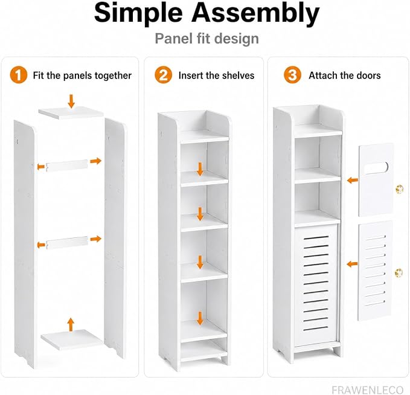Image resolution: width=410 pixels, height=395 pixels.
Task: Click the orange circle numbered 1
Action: (x=19, y=75)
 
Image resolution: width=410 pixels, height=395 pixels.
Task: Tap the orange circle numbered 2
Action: (x=164, y=75)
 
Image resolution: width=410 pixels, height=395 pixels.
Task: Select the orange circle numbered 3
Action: (x=293, y=75)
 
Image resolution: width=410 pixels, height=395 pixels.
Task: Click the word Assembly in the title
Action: (x=255, y=13)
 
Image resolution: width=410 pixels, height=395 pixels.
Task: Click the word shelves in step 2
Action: (x=238, y=75)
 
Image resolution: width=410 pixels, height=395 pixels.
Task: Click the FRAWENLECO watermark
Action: (x=367, y=389)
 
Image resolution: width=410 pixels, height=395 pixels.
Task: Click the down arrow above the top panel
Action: (x=71, y=101)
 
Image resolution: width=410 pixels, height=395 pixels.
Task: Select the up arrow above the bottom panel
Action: (x=70, y=324)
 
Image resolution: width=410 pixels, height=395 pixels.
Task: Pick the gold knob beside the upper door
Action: (x=399, y=188)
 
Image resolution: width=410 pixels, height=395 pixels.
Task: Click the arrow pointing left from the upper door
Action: (x=353, y=180)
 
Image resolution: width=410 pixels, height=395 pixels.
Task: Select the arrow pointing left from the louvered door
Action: (x=352, y=264)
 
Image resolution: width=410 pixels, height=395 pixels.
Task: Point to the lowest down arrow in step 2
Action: (x=200, y=318)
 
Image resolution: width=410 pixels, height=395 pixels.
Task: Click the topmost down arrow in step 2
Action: (x=200, y=169)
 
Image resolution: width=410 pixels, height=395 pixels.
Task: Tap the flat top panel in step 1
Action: (x=71, y=113)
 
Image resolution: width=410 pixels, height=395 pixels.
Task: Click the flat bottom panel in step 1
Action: (x=71, y=339)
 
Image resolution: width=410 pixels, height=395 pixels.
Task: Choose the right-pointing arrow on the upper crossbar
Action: (x=95, y=161)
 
